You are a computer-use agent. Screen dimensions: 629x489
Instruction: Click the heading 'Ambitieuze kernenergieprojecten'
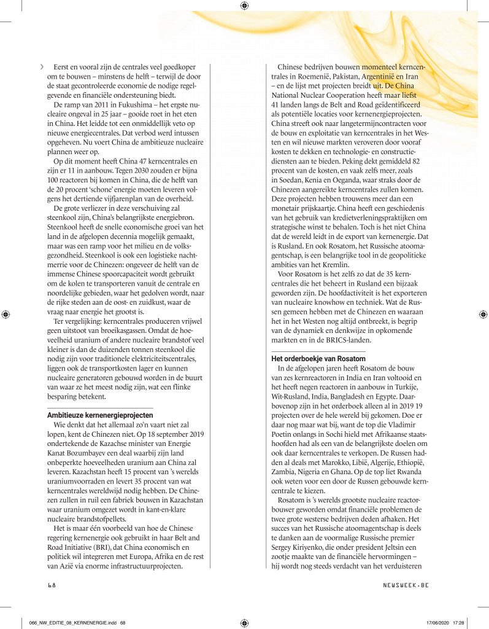coord(100,415)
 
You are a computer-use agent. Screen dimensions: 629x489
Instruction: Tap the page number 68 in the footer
coord(52,585)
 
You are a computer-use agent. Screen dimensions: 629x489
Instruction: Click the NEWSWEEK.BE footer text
coord(402,585)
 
